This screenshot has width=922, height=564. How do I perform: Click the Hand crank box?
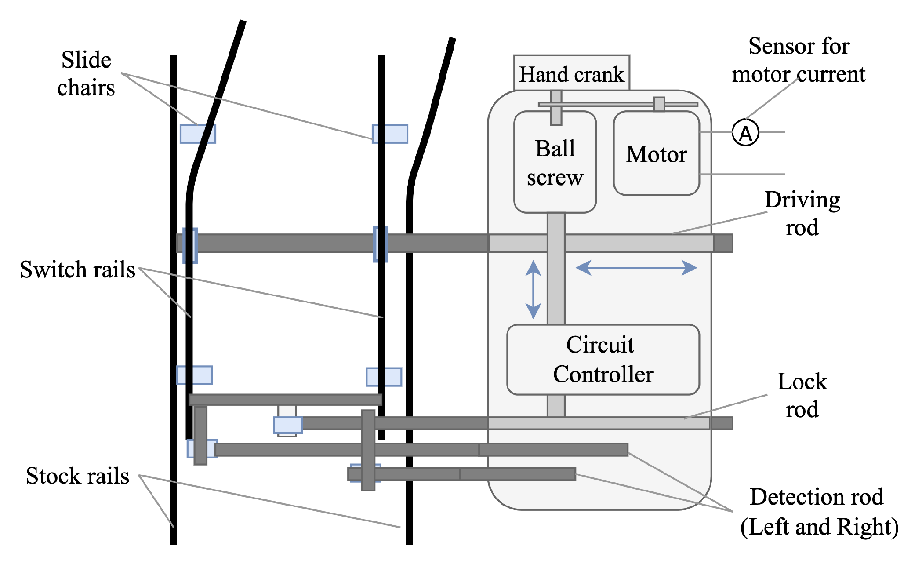click(x=571, y=73)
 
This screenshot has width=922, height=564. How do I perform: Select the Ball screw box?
click(x=555, y=162)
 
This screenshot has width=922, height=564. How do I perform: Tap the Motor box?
click(x=656, y=153)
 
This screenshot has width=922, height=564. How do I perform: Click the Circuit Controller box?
click(x=603, y=359)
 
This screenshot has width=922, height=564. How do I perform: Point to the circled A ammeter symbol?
click(x=745, y=132)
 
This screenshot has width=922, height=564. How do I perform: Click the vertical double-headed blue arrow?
click(x=533, y=289)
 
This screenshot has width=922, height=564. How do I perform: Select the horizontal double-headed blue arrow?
click(x=636, y=267)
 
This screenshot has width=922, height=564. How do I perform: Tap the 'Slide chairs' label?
click(x=86, y=74)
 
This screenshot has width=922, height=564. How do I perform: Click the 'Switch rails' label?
click(x=77, y=269)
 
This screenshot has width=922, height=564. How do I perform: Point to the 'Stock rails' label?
click(x=77, y=476)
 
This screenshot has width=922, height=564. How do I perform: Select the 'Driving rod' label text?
click(x=802, y=213)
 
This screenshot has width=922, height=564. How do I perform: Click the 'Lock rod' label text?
click(x=802, y=395)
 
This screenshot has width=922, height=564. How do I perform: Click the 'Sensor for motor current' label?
click(x=799, y=60)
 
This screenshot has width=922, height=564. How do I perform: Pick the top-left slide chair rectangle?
click(x=198, y=134)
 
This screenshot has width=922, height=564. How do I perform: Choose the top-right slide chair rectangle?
click(x=390, y=134)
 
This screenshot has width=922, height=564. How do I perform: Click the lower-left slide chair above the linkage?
click(x=194, y=375)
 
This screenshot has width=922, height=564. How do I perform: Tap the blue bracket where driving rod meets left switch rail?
click(x=190, y=245)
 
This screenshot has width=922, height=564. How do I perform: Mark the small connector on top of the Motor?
click(x=659, y=104)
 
